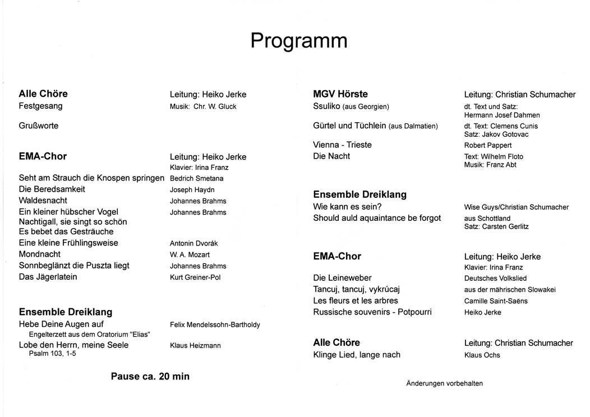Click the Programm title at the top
point(298,41)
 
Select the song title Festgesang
point(40,106)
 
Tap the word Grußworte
point(39,126)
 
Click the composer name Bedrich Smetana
point(197,179)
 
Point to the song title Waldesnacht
point(43,200)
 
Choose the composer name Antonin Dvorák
point(193,244)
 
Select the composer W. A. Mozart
point(190,255)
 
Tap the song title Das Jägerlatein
point(48,277)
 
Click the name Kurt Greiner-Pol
point(195,277)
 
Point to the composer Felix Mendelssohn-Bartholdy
point(215,325)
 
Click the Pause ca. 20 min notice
point(150,377)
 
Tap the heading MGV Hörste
point(340,94)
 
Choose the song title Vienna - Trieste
point(342,145)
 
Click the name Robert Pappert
point(488,146)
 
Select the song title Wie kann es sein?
point(347,206)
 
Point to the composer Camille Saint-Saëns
point(496,301)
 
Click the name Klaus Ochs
point(482,355)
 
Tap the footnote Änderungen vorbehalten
point(444,383)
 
